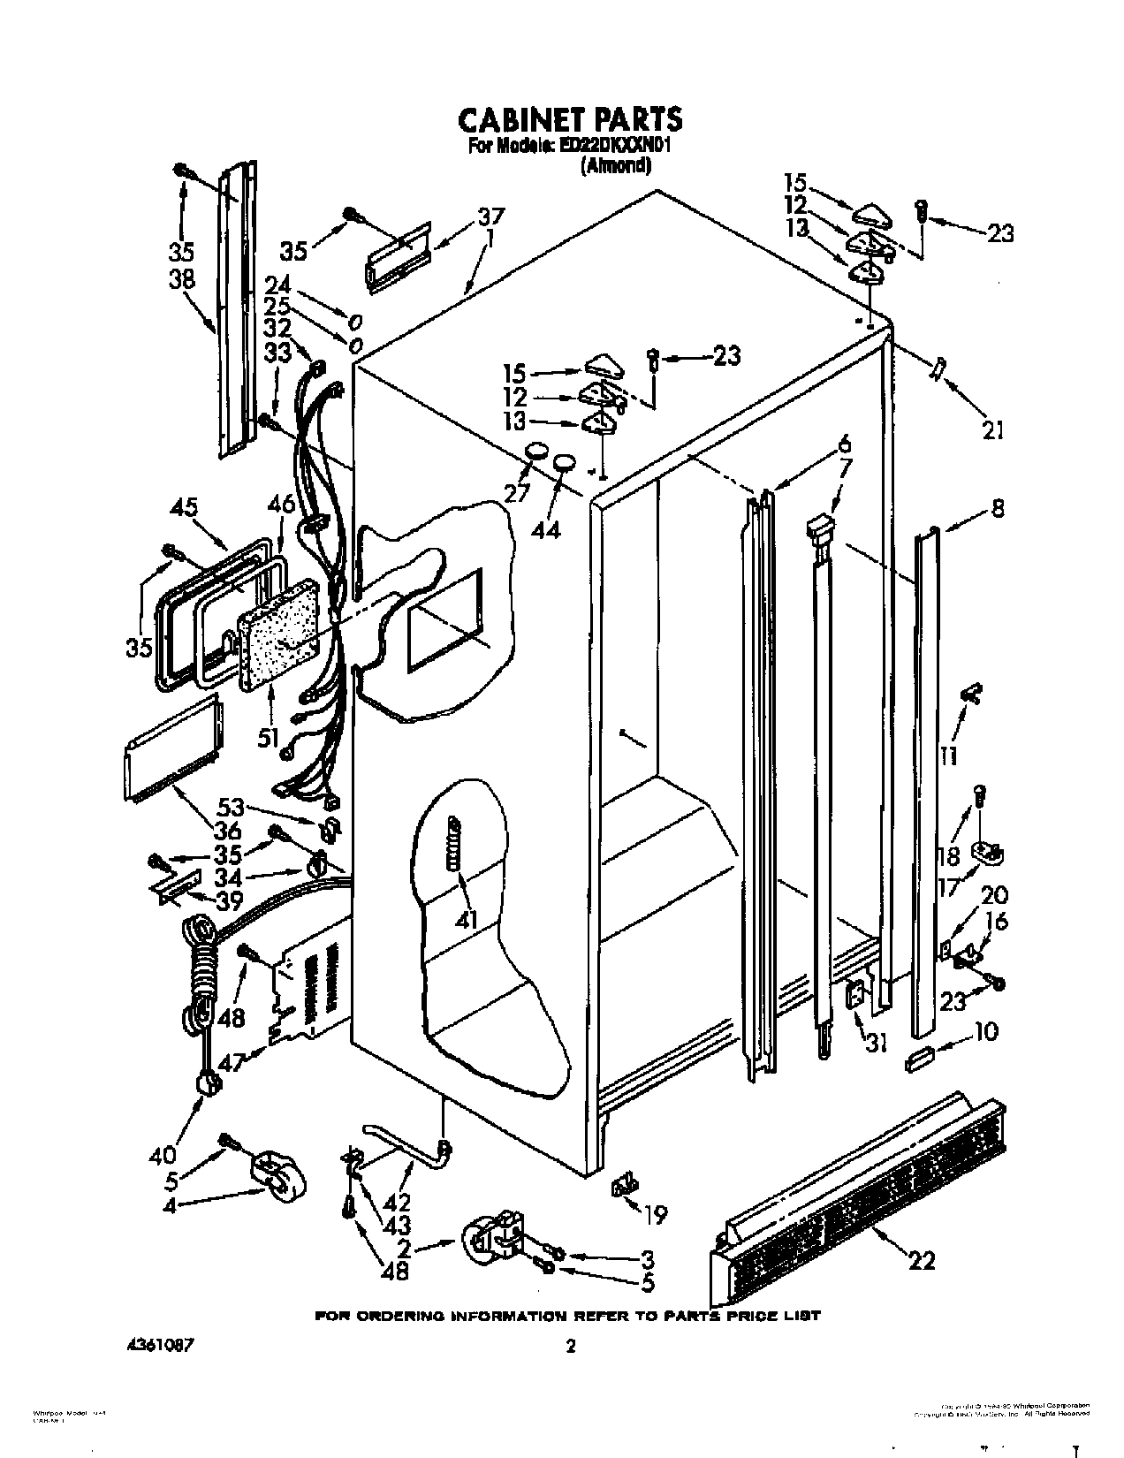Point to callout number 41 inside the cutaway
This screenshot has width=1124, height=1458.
466,919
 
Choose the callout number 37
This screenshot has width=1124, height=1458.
490,217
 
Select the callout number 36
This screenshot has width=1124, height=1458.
227,831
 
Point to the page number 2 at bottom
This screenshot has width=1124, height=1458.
571,1347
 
